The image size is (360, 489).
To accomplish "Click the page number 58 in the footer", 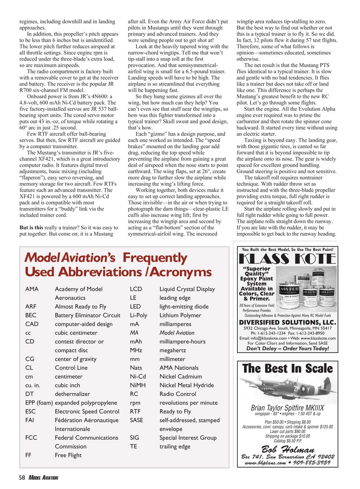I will [x=22, y=478].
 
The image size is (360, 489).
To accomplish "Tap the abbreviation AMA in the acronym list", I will [x=31, y=289].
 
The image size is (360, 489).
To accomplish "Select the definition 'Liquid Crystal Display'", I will [x=187, y=289].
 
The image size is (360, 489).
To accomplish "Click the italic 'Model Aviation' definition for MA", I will [x=177, y=333].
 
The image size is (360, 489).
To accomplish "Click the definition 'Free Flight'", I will [x=68, y=455].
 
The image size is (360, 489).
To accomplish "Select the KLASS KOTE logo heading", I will [x=287, y=260].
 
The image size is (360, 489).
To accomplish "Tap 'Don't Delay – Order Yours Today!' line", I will [x=287, y=348].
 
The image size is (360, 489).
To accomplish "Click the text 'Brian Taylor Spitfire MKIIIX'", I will [x=287, y=408].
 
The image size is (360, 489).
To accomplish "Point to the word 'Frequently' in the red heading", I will [x=154, y=258].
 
